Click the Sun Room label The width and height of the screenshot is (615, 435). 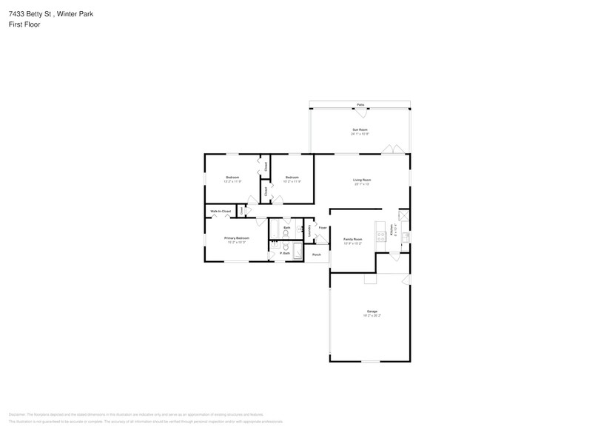click(x=360, y=129)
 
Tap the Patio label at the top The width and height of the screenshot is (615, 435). click(x=360, y=105)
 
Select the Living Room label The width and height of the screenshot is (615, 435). click(x=362, y=180)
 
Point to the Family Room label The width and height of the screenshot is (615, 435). click(x=352, y=239)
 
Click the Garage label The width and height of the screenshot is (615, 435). click(x=372, y=311)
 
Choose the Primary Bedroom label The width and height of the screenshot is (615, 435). click(x=237, y=237)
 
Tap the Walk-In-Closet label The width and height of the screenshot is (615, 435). click(x=221, y=212)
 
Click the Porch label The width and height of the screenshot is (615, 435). click(x=317, y=255)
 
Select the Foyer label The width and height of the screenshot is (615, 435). click(x=323, y=228)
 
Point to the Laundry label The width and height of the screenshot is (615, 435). click(x=309, y=230)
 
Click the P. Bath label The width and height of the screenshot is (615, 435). click(x=283, y=254)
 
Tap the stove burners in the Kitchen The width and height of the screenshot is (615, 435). click(x=380, y=237)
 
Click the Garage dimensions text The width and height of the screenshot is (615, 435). click(x=372, y=315)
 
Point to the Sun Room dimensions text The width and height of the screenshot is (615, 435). click(x=360, y=134)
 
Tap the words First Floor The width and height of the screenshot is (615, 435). click(x=24, y=24)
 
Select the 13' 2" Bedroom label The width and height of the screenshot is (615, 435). click(x=232, y=178)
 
